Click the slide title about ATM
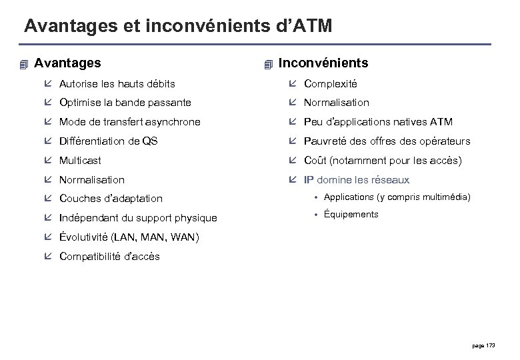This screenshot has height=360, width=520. [177, 27]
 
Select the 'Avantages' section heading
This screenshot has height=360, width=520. [67, 63]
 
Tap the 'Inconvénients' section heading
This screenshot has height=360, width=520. [323, 63]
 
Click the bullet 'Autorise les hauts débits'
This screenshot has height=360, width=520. [117, 84]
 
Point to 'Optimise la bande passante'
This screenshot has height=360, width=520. [125, 103]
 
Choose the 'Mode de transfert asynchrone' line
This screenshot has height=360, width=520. [129, 122]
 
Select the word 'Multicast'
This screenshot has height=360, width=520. [81, 161]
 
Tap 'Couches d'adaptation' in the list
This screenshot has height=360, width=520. [110, 199]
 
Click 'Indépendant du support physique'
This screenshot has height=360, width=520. [137, 218]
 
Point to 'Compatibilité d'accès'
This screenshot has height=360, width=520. [109, 257]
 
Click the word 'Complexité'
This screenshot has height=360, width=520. [331, 84]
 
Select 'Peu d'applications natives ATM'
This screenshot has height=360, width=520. [378, 122]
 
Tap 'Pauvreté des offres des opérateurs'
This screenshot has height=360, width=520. [387, 141]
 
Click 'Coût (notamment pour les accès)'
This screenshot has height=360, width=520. [381, 161]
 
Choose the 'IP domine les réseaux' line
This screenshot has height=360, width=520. [357, 180]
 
